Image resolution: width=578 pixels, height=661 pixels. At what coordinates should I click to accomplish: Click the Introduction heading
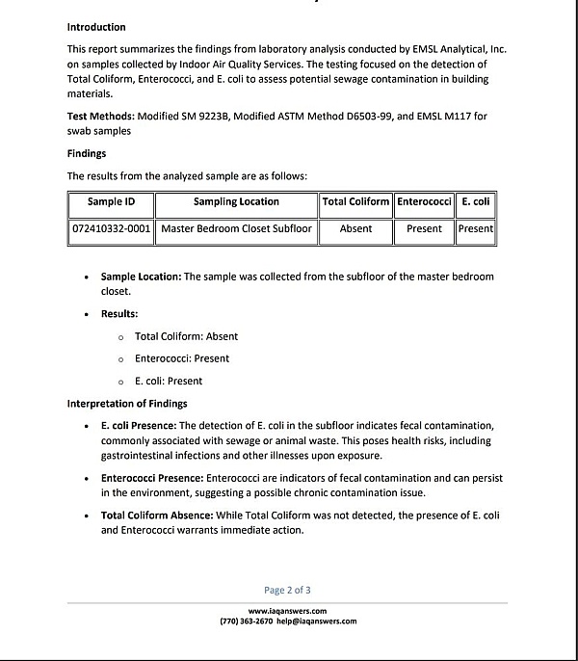[96, 27]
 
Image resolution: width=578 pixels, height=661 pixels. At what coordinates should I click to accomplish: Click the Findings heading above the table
[87, 153]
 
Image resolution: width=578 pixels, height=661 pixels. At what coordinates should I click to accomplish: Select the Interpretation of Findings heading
[127, 403]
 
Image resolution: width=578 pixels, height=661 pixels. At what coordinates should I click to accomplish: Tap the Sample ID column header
[111, 202]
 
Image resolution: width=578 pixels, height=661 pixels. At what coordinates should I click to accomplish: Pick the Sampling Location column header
[236, 202]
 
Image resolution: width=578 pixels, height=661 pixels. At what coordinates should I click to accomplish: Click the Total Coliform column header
[355, 202]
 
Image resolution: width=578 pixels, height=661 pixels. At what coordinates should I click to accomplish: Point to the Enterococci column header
[424, 202]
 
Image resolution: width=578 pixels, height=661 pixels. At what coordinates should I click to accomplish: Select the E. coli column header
[476, 202]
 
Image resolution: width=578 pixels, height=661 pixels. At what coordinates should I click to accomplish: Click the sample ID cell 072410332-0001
[112, 229]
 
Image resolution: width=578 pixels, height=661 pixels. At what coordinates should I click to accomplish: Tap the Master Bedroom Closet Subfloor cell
[236, 229]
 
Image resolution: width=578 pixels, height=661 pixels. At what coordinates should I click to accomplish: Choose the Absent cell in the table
[355, 229]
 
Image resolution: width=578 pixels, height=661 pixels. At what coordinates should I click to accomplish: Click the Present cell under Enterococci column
[424, 229]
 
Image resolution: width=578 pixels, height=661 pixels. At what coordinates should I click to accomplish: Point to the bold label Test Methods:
[100, 117]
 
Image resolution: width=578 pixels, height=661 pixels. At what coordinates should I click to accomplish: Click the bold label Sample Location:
[141, 277]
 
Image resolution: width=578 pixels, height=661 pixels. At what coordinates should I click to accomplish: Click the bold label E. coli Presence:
[139, 426]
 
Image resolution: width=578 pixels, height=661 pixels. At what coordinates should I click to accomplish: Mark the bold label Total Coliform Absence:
[157, 516]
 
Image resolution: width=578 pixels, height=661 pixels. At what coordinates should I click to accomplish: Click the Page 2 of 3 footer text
[287, 590]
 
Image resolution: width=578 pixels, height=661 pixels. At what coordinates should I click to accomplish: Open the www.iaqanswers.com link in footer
[287, 611]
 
